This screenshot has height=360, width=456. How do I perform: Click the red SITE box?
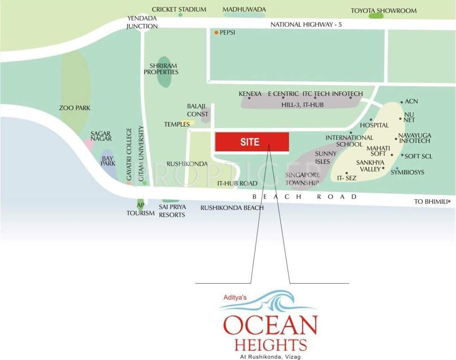[252, 142]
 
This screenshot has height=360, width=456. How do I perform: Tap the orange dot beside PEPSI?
[216, 32]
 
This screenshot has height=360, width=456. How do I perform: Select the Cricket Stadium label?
[179, 9]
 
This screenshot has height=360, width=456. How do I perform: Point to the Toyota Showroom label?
[383, 10]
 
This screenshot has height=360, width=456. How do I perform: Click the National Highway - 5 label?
[306, 25]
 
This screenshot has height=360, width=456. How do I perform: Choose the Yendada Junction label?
[142, 22]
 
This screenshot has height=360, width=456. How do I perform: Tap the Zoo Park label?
[75, 108]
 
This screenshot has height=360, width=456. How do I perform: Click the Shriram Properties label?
[161, 69]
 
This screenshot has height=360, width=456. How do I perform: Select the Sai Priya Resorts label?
[172, 211]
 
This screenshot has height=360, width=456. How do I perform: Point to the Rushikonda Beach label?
[232, 208]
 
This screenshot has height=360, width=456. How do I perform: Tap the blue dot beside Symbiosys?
[397, 168]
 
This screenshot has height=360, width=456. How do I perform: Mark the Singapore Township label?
[302, 179]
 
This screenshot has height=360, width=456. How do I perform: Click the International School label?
[350, 141]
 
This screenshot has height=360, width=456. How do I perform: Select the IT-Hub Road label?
[237, 183]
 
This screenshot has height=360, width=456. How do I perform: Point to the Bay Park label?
[108, 161]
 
